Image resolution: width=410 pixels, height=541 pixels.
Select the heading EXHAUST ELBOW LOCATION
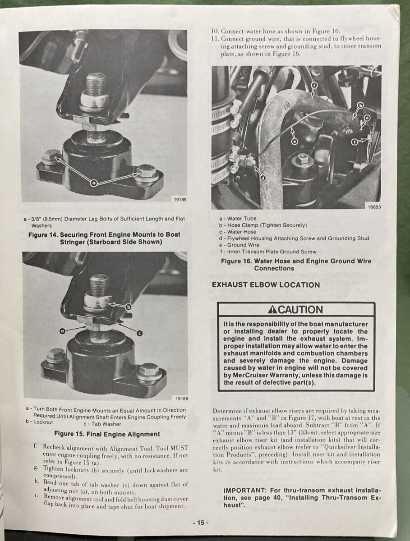click(x=266, y=285)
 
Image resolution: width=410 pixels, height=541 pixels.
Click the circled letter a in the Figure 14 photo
click(x=94, y=183)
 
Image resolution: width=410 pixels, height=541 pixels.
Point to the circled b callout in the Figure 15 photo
click(x=128, y=307)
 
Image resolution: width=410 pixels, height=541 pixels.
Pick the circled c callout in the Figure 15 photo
click(x=139, y=333)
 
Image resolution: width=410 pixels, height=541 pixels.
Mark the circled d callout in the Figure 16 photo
click(x=263, y=178)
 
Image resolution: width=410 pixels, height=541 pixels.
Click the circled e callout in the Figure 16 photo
click(x=294, y=141)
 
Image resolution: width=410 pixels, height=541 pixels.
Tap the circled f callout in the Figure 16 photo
click(x=355, y=142)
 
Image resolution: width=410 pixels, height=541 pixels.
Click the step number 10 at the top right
click(x=215, y=32)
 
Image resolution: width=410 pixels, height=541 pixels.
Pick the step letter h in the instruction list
click(x=36, y=481)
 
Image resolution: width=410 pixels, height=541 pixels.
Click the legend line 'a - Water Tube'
click(x=238, y=219)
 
